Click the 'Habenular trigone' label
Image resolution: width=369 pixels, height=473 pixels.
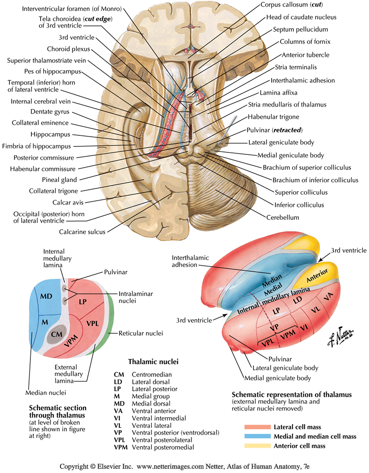(x=274, y=117)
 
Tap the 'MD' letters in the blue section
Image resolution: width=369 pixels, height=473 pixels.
(x=45, y=295)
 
